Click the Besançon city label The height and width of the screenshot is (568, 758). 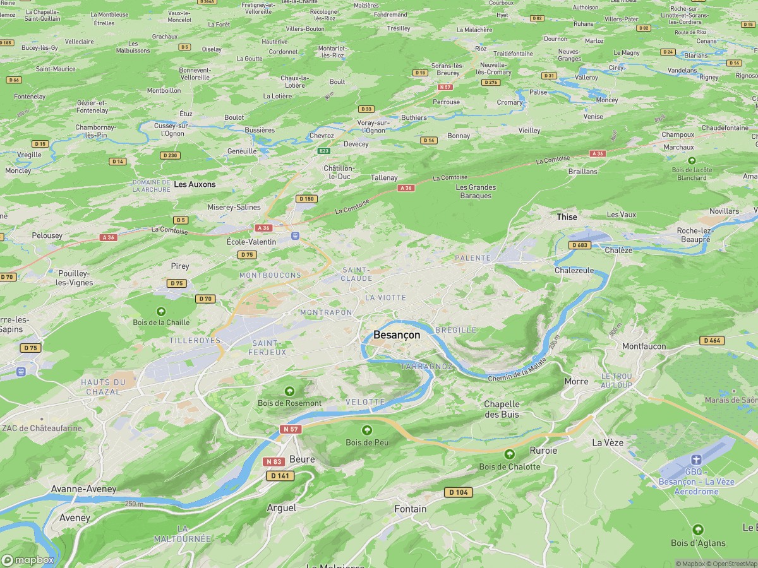coord(396,335)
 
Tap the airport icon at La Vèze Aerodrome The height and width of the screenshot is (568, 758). coord(696,459)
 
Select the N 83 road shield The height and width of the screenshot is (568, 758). coord(274,462)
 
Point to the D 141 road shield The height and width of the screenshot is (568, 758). coord(280,475)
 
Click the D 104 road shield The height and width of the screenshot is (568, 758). coord(458,492)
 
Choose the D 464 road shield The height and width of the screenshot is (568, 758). coord(712,341)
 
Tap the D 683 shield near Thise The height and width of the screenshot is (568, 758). coord(579,245)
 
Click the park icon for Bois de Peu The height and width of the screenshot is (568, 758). coord(367,430)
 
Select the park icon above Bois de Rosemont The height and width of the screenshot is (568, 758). coord(289,391)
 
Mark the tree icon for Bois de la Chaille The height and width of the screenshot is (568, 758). coord(161,311)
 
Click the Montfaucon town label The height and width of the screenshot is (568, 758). coord(644,346)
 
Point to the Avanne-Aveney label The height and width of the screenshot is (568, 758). coord(84,489)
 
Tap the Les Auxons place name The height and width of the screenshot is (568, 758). coord(195,184)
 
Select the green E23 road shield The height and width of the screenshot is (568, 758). coord(324,151)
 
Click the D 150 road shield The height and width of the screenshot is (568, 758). coord(306,199)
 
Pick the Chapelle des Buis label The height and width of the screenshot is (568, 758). coord(502,409)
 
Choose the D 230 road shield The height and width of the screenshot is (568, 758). coord(170,155)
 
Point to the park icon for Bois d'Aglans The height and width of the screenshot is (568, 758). coord(697,530)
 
